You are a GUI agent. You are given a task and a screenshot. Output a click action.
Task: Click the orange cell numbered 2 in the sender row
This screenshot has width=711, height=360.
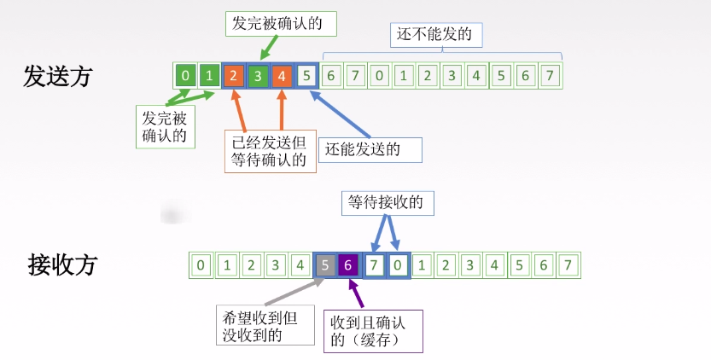[x=233, y=76]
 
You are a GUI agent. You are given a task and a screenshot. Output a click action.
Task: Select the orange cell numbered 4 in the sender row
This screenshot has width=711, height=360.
[x=283, y=76]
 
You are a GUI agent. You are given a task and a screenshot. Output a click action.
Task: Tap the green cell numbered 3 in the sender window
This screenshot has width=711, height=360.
[x=258, y=76]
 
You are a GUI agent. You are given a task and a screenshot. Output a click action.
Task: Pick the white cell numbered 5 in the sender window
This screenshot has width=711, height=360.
[x=307, y=76]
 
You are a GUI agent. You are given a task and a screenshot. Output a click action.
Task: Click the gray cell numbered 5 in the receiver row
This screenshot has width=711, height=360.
[x=325, y=265]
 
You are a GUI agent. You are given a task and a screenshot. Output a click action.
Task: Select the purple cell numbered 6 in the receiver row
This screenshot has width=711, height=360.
[x=348, y=265]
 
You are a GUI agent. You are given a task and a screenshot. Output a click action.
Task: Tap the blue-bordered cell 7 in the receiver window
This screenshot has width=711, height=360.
[x=374, y=265]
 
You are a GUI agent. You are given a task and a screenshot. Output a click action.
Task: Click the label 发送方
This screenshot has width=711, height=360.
[x=57, y=77]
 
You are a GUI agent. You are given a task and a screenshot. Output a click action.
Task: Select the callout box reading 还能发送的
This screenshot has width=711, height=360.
[x=372, y=150]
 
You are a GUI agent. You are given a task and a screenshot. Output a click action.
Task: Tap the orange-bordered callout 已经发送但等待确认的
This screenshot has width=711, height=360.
[x=270, y=150]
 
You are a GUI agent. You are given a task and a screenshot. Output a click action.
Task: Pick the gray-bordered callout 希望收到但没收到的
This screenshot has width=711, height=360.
[x=258, y=325]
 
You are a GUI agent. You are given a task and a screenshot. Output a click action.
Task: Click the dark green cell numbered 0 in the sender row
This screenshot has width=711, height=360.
[x=184, y=76]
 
